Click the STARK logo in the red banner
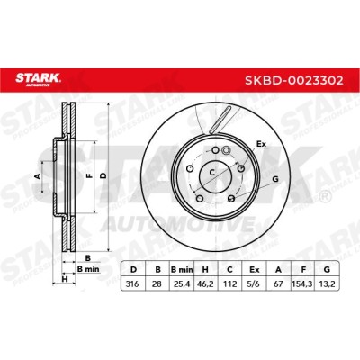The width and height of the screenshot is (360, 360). click(38, 79)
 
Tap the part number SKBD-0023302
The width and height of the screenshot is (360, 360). click(294, 80)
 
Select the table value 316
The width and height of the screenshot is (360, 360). click(133, 283)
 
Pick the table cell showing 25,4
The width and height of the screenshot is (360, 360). click(182, 283)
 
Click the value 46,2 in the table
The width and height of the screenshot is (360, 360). click(205, 283)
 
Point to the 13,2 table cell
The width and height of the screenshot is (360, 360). click(327, 283)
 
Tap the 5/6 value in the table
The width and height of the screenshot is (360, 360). click(254, 283)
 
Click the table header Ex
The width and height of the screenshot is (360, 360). click(254, 270)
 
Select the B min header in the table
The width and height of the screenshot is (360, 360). click(182, 270)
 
